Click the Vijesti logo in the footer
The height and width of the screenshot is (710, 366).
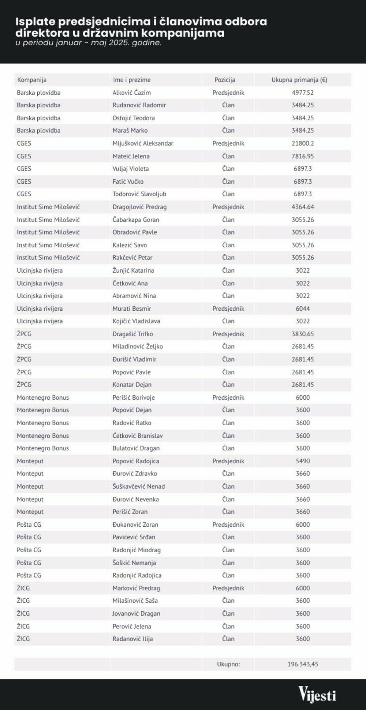tap(317, 694)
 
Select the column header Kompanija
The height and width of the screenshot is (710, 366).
tap(32, 80)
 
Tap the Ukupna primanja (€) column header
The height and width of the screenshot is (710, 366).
tap(299, 80)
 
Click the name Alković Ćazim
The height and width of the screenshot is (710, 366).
tap(131, 93)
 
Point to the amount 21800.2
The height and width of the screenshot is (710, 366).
tap(303, 143)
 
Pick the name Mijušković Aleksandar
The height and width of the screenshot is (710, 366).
tap(143, 143)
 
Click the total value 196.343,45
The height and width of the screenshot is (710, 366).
tap(303, 664)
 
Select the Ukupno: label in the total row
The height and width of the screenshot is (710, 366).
tap(228, 664)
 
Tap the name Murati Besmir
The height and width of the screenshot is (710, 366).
tap(132, 309)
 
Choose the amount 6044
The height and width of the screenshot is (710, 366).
tap(303, 309)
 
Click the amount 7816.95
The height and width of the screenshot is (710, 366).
tap(303, 156)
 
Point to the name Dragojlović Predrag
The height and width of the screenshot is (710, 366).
tap(139, 207)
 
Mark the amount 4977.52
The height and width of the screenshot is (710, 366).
tap(303, 93)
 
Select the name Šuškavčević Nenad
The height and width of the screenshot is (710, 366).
tap(139, 486)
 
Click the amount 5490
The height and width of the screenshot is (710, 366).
tap(303, 461)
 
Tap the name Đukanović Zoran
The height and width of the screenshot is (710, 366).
tap(135, 524)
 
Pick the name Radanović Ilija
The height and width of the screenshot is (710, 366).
tap(132, 639)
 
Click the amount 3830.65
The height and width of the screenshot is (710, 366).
tap(303, 334)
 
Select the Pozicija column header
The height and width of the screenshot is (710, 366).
tap(225, 80)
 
